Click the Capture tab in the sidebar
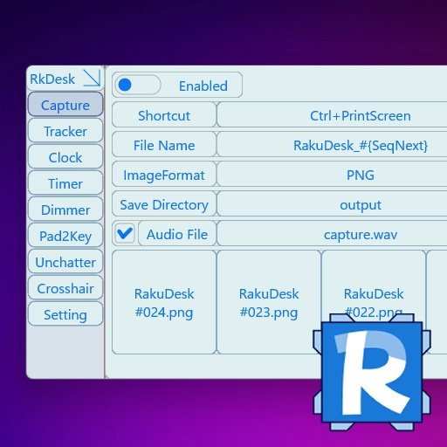click(65, 105)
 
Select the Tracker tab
click(65, 131)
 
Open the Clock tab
click(65, 157)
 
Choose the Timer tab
click(65, 183)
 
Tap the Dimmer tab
click(65, 210)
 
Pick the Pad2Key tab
click(65, 236)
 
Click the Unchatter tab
click(65, 262)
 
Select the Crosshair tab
click(65, 288)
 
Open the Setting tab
click(65, 314)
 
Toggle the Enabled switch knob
click(126, 86)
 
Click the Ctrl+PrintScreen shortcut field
click(360, 115)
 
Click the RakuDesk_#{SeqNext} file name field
click(360, 145)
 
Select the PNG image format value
click(360, 175)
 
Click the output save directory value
click(360, 204)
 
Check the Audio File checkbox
click(125, 233)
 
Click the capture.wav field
click(360, 234)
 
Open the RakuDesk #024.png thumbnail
click(164, 302)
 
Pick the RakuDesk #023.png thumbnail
click(269, 302)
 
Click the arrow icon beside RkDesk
click(91, 78)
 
